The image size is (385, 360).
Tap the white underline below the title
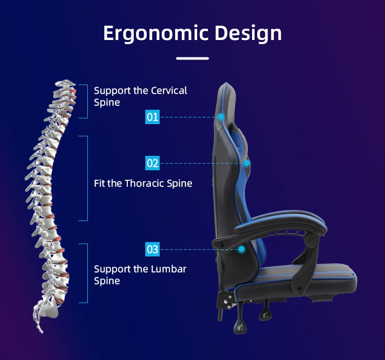192,58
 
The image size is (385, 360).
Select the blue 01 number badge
152,117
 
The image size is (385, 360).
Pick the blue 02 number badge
152,164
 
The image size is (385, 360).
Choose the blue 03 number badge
152,250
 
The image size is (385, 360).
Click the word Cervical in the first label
169,91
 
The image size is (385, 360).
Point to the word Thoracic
144,183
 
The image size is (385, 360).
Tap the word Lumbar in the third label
169,269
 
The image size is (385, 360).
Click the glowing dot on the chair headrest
221,117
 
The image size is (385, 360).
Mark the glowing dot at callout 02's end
247,164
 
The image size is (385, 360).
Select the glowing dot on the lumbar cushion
242,250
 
